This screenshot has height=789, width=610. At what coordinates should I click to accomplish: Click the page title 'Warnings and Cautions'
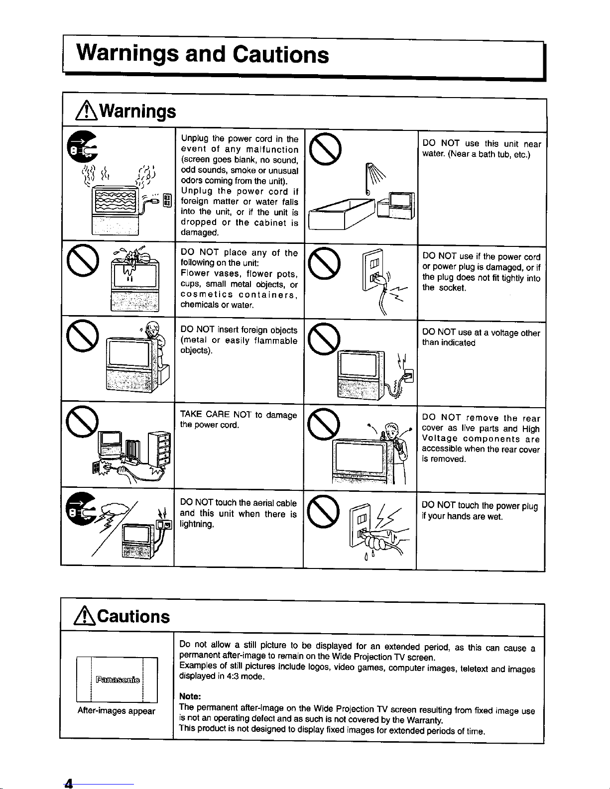(203, 54)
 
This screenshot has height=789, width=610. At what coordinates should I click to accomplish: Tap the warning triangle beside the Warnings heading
(86, 111)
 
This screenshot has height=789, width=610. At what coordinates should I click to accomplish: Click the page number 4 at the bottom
(68, 783)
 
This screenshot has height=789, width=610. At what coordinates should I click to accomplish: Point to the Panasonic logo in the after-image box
(118, 679)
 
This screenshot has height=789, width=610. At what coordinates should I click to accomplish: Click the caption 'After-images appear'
(116, 710)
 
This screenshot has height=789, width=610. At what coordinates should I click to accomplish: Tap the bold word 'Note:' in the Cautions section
(190, 696)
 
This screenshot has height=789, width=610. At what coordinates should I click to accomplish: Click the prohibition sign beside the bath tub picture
(325, 149)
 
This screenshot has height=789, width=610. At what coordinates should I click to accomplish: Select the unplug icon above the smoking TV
(82, 147)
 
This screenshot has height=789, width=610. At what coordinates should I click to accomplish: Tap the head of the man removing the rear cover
(392, 431)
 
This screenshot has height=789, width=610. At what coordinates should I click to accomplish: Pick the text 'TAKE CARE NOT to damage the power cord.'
(239, 419)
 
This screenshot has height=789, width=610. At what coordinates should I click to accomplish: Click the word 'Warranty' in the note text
(424, 720)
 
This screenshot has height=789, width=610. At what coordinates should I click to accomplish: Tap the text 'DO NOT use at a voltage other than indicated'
(481, 338)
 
